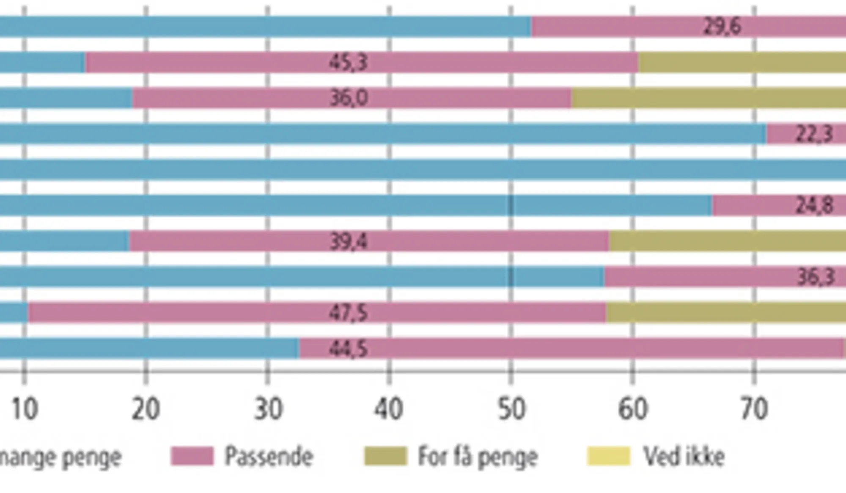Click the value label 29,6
coord(722,27)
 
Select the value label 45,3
coord(348,62)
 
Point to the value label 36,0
coord(348,98)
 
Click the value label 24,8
coord(814,206)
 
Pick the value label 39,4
coord(348,241)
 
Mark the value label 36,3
coord(815,277)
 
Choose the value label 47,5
coord(348,313)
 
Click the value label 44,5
coord(348,349)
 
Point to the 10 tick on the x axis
coord(25,409)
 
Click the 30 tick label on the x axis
coord(268,409)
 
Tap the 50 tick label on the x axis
coord(511,409)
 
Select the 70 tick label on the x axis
coord(754,409)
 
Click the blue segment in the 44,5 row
coord(148,349)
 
